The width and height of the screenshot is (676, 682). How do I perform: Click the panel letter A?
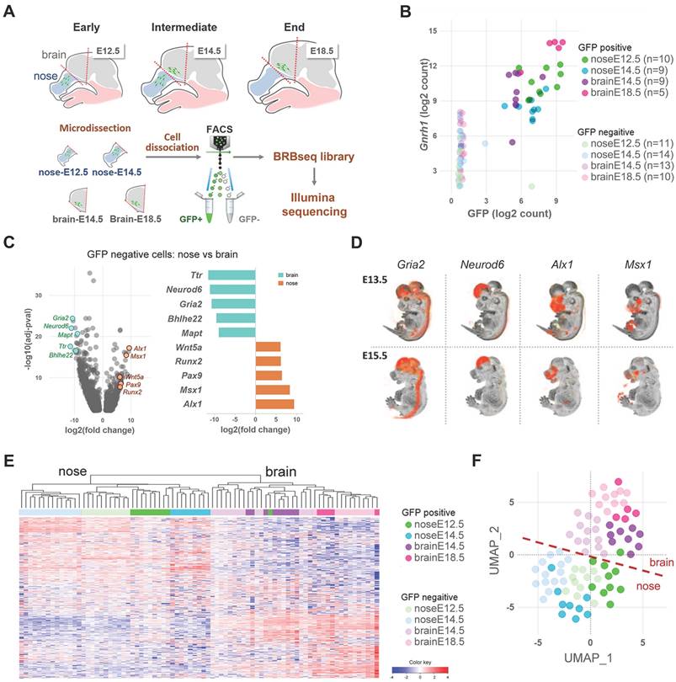click(x=12, y=11)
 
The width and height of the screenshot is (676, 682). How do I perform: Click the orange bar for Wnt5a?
click(x=268, y=346)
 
